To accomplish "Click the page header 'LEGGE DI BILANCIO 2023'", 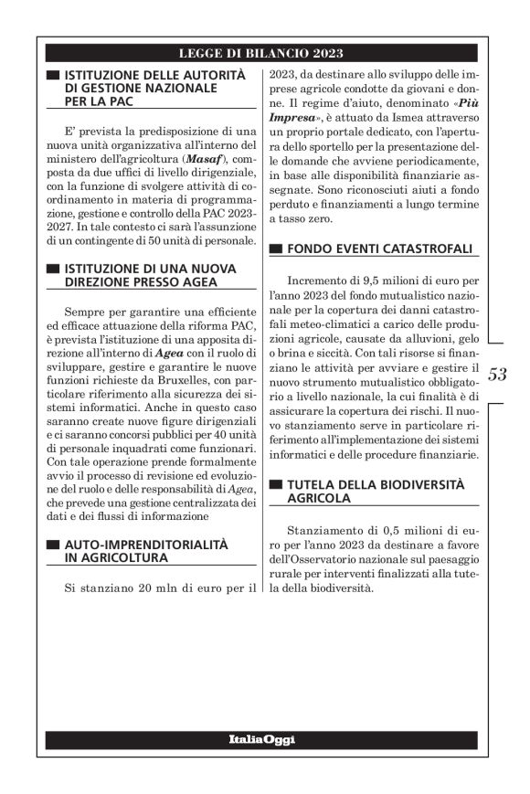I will pyautogui.click(x=261, y=54).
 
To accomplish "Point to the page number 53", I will pyautogui.click(x=498, y=374).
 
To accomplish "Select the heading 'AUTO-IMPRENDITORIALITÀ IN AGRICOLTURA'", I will pyautogui.click(x=141, y=551).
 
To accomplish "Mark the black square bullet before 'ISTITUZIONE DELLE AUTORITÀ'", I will pyautogui.click(x=52, y=74).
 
